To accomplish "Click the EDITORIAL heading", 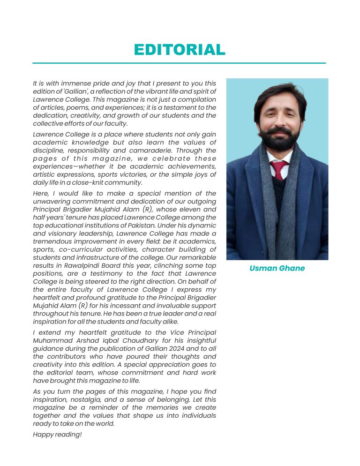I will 180,50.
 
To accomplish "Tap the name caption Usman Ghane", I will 277,269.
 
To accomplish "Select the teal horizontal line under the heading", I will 179,63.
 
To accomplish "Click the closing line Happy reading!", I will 57,435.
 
